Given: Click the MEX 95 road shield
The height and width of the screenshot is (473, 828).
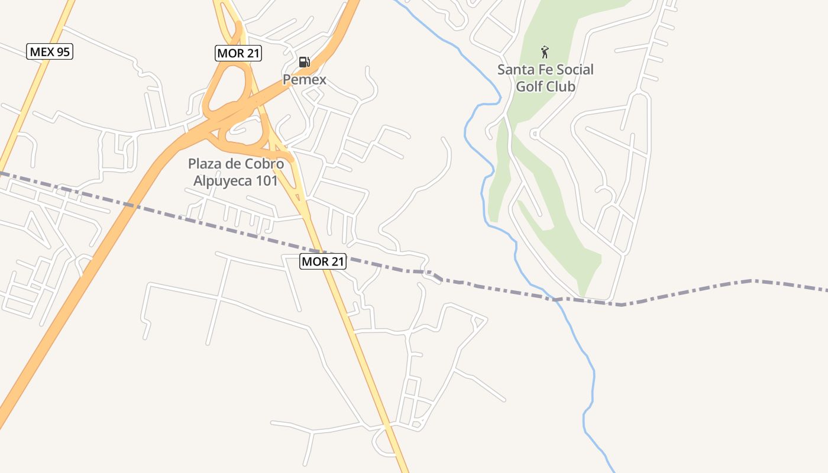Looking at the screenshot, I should (x=50, y=51).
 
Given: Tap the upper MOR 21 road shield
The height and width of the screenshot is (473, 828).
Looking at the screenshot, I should (x=238, y=53).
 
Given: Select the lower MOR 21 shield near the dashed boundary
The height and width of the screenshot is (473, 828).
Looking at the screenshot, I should (x=322, y=261).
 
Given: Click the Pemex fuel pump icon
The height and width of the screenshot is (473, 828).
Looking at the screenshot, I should (x=304, y=62).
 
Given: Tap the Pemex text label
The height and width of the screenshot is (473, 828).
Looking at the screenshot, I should (x=304, y=79).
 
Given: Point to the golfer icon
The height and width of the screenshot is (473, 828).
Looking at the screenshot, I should (x=545, y=52).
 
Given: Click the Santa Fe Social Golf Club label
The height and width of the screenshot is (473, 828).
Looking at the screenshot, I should (x=545, y=77).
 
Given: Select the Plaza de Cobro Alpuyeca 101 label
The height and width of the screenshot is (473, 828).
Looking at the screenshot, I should (x=236, y=172).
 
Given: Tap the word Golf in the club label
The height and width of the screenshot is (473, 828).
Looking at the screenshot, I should (x=530, y=86).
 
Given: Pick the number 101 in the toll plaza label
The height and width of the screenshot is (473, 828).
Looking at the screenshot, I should (x=267, y=181).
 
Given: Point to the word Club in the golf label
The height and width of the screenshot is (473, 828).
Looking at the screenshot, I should (x=561, y=86).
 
